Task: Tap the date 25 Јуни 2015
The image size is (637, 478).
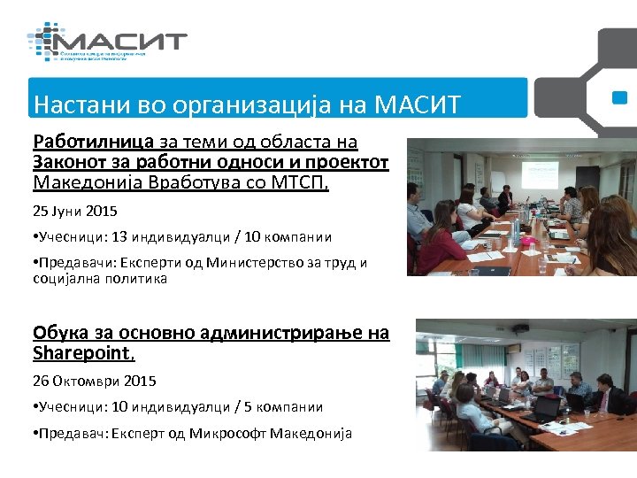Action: click(75, 212)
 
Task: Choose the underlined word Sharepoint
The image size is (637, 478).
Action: click(82, 352)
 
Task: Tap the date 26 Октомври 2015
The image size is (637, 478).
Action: click(94, 381)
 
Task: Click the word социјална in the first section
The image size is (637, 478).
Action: click(70, 279)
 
